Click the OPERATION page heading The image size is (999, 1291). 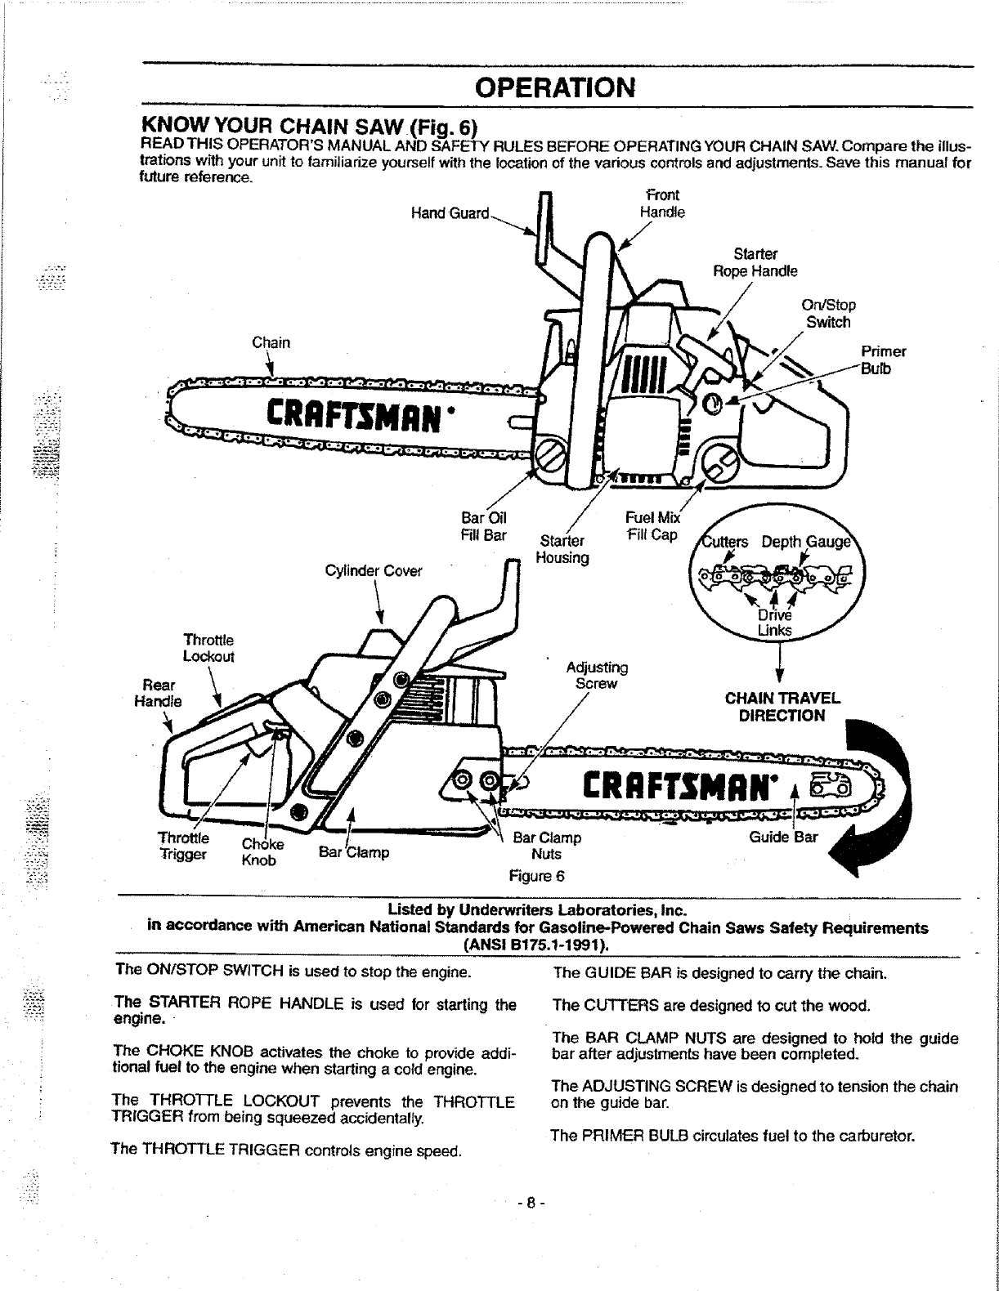point(556,87)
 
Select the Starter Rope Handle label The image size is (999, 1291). point(755,262)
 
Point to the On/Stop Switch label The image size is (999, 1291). point(828,314)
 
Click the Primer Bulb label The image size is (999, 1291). point(883,360)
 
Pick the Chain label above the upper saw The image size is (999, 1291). point(271,342)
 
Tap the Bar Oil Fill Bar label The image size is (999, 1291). point(484,526)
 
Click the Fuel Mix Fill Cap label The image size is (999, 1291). point(652,526)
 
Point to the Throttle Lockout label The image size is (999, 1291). point(208,648)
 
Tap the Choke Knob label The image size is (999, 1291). point(261,852)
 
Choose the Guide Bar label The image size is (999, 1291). point(783,838)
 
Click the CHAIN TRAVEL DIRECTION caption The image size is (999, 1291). point(782,708)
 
